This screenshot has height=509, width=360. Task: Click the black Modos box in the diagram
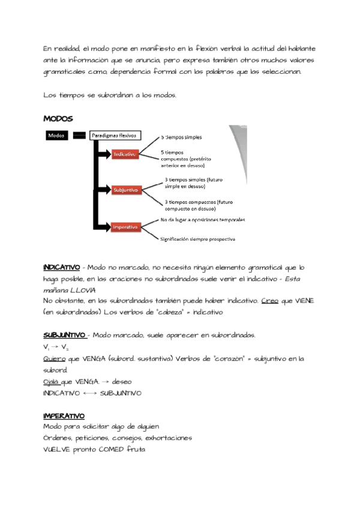(x=56, y=136)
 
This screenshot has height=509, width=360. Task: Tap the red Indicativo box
(x=125, y=154)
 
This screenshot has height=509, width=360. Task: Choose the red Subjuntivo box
(x=125, y=190)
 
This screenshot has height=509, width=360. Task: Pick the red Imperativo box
(x=125, y=227)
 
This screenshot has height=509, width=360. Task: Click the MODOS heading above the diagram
(x=58, y=118)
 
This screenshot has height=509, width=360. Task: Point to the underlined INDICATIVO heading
(x=61, y=267)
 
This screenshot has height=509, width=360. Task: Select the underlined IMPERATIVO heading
(x=64, y=415)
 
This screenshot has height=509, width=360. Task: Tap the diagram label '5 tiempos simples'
(x=182, y=137)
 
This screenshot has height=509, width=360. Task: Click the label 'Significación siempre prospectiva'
(x=197, y=239)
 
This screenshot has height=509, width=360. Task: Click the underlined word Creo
(x=269, y=301)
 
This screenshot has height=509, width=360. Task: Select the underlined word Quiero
(x=54, y=358)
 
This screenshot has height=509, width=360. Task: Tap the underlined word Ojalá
(x=52, y=381)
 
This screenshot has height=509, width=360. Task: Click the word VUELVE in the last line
(x=58, y=450)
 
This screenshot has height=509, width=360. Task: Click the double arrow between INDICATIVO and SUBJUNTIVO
(x=89, y=393)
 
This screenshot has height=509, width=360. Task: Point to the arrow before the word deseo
(x=104, y=382)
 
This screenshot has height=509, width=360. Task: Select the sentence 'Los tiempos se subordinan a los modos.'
(x=110, y=95)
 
